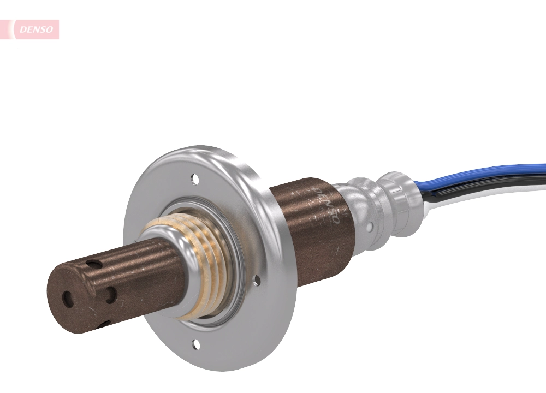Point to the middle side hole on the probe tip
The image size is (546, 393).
click(111, 295)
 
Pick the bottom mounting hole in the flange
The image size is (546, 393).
click(195, 343)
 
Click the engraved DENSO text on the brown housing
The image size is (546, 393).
click(326, 205)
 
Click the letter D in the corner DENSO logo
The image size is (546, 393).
click(23, 30)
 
